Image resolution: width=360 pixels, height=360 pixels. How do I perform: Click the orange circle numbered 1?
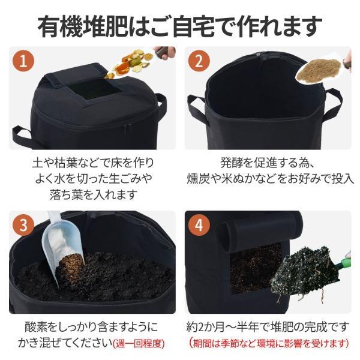click(x=23, y=61)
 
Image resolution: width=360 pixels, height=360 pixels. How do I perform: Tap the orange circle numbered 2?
click(x=199, y=61)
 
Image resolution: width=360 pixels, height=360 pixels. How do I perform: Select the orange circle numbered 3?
click(x=23, y=225)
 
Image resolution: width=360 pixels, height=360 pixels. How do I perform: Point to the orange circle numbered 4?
click(x=199, y=225)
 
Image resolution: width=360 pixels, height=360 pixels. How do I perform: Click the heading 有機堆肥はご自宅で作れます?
click(x=180, y=26)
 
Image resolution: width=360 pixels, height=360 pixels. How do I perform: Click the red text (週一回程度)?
click(x=139, y=343)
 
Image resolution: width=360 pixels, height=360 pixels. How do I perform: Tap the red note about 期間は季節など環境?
click(x=269, y=343)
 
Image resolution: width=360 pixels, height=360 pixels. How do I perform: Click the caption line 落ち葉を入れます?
click(x=94, y=194)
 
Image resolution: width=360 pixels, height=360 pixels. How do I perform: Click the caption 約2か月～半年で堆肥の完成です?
click(x=268, y=326)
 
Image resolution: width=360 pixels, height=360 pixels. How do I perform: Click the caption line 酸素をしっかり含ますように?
click(x=91, y=326)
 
